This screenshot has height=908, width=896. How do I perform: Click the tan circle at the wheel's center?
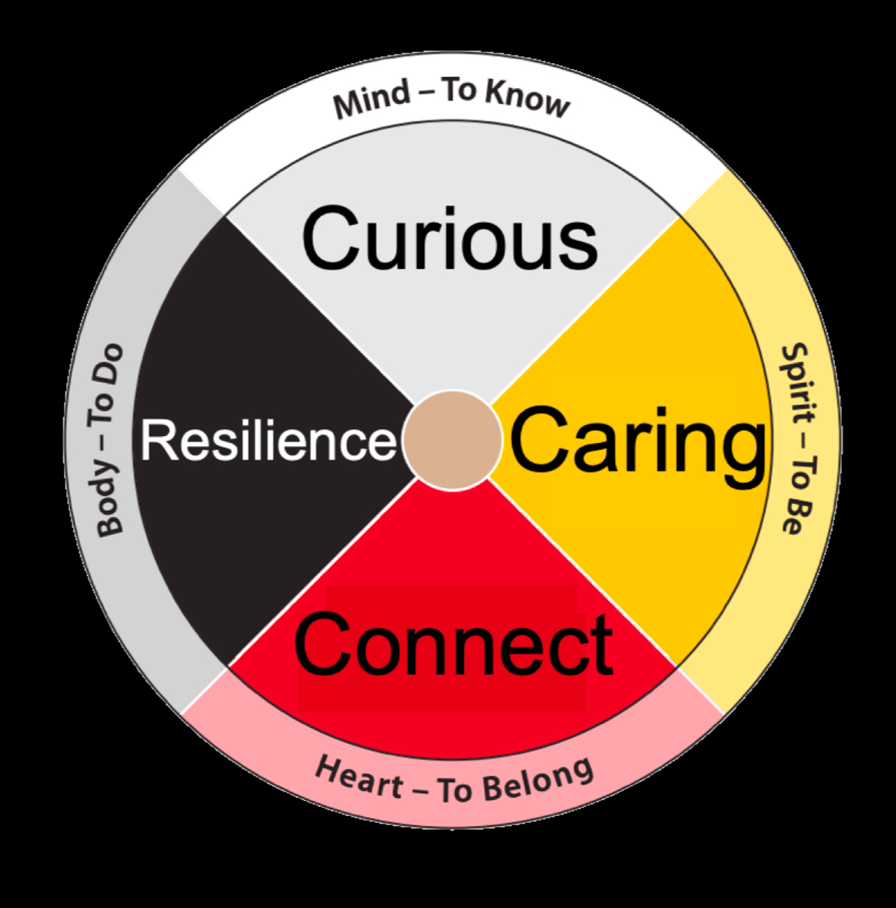pyautogui.click(x=452, y=439)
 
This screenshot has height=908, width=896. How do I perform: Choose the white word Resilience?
pyautogui.click(x=268, y=441)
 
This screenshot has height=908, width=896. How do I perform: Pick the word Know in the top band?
pyautogui.click(x=528, y=99)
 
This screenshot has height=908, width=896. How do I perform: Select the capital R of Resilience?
pyautogui.click(x=156, y=441)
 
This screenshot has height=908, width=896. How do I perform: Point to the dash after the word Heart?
pyautogui.click(x=420, y=790)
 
